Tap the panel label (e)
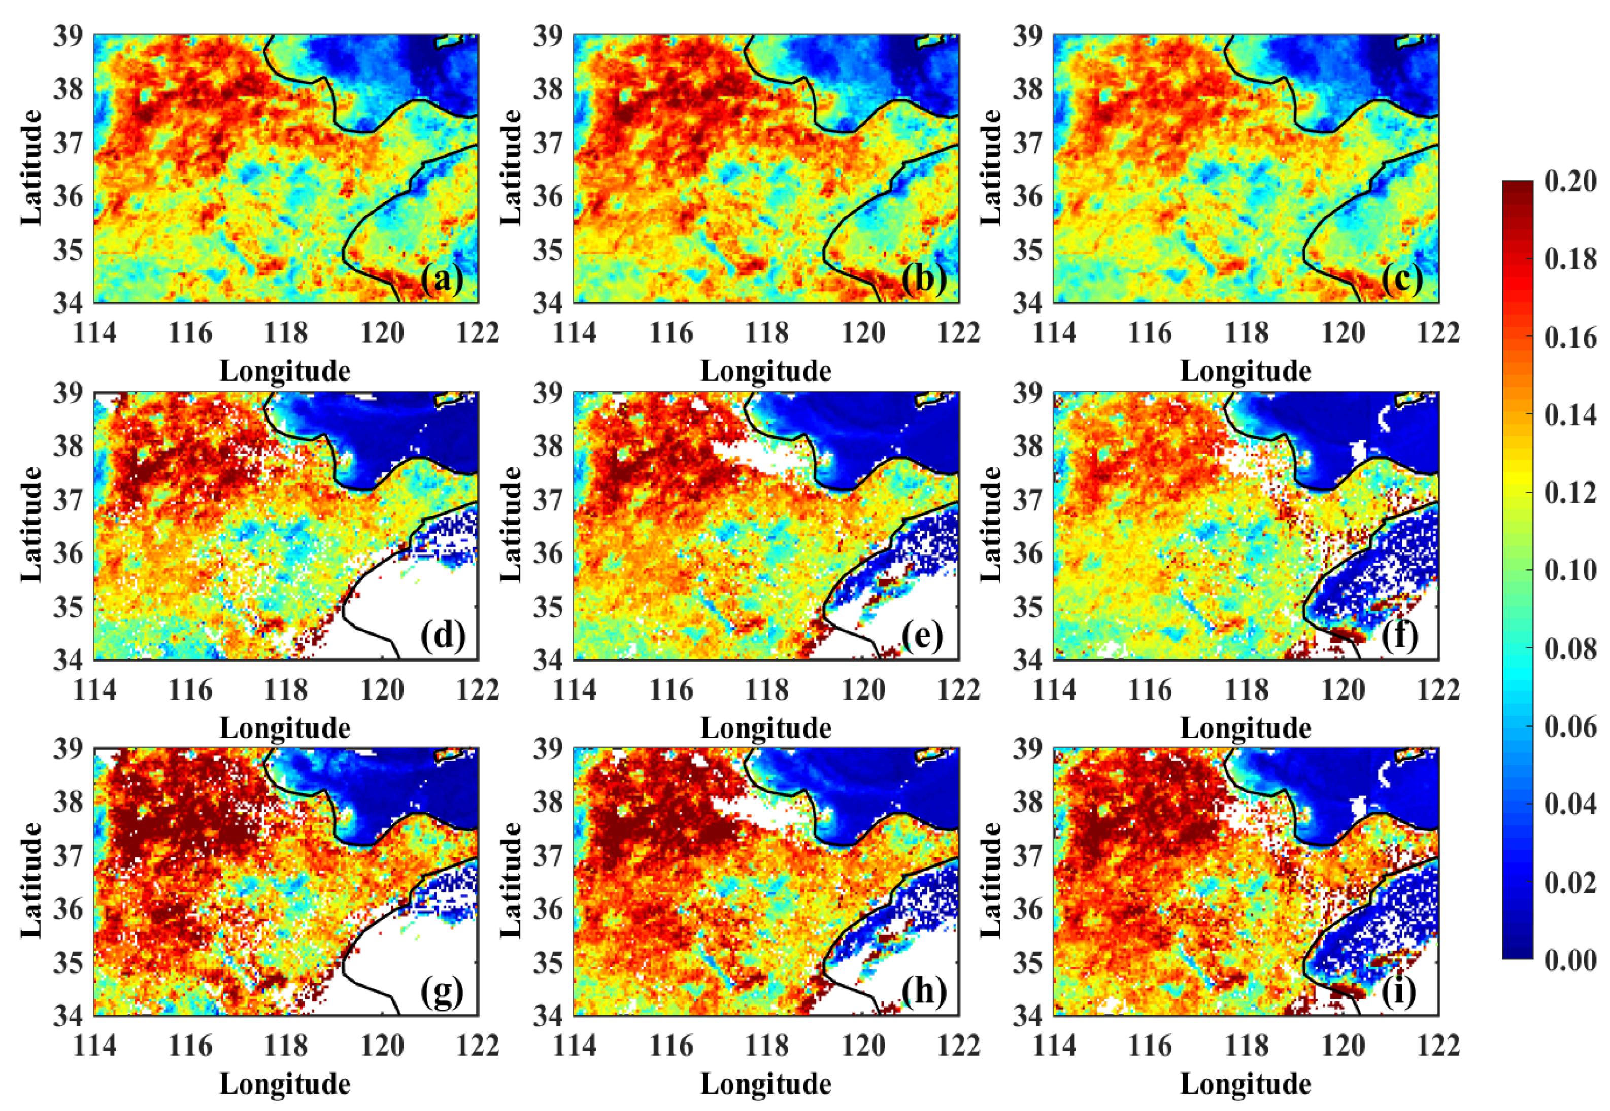pos(922,636)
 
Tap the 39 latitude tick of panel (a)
pos(68,35)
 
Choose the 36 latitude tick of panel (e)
pos(548,553)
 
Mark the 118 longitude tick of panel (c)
pos(1247,333)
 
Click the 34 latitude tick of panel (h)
pos(548,1016)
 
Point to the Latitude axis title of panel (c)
pos(990,167)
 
